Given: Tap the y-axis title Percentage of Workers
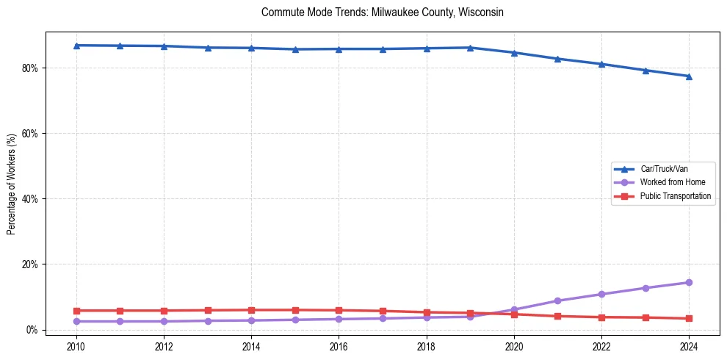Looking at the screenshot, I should point(12,184).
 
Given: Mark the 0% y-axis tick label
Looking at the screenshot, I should point(32,330).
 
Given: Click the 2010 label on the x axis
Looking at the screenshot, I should point(76,346).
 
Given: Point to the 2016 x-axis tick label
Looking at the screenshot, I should point(339,346).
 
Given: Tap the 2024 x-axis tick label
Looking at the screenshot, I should point(689,346).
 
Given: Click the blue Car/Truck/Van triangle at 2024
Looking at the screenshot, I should point(689,76).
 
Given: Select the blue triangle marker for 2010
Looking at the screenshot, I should point(76,46).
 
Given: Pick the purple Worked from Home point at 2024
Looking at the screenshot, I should point(689,283).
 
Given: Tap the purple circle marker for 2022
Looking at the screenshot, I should point(601,294).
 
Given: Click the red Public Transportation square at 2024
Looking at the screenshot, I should point(689,319).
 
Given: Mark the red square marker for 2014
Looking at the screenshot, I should point(251,310).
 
